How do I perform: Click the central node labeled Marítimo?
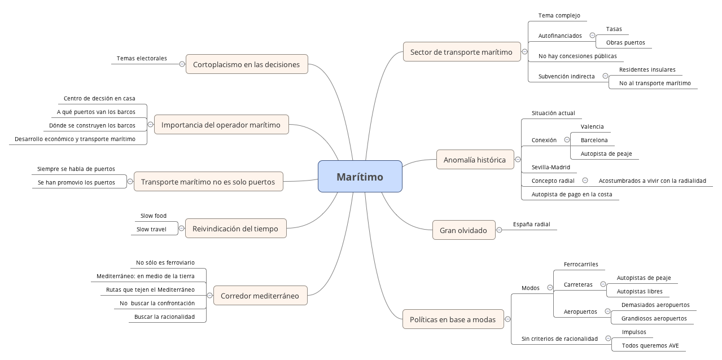(360, 177)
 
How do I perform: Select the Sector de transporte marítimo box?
(461, 52)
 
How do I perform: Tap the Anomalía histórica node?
(475, 160)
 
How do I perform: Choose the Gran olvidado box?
(463, 230)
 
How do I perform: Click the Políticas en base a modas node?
(452, 319)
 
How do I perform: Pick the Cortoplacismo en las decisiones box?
(246, 64)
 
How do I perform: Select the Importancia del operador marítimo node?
(221, 125)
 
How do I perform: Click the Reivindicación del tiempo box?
(235, 229)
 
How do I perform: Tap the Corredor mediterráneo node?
(260, 296)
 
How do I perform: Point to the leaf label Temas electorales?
(142, 58)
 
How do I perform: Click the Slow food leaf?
(154, 216)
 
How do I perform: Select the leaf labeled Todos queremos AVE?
(650, 345)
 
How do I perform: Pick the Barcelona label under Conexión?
(594, 140)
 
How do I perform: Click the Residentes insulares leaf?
(647, 70)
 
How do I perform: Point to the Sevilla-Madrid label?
(550, 167)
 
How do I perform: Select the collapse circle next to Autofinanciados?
(592, 36)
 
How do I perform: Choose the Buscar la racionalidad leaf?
(164, 317)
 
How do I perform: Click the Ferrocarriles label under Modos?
(581, 264)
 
